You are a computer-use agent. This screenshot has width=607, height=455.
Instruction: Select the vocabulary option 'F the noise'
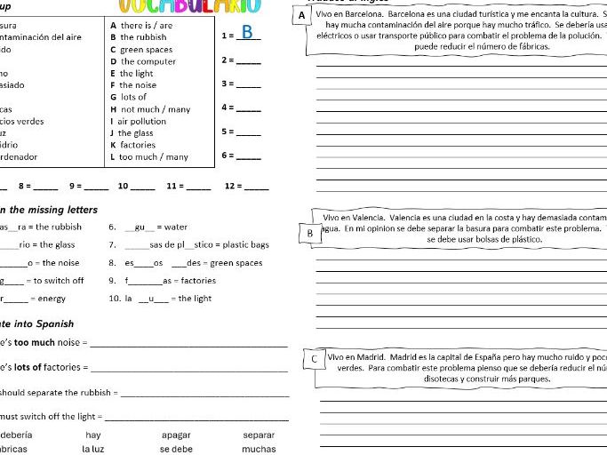(132, 85)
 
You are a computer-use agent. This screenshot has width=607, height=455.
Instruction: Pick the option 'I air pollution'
(138, 121)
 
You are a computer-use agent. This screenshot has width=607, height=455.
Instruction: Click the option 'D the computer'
(142, 61)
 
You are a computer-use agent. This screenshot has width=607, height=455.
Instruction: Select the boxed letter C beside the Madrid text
(315, 359)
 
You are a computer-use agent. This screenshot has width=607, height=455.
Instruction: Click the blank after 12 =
(257, 187)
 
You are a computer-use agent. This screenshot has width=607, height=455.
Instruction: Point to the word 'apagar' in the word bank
(176, 435)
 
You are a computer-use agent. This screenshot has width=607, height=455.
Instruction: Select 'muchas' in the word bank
(259, 449)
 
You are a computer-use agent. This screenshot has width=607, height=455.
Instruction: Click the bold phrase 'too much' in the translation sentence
(34, 342)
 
